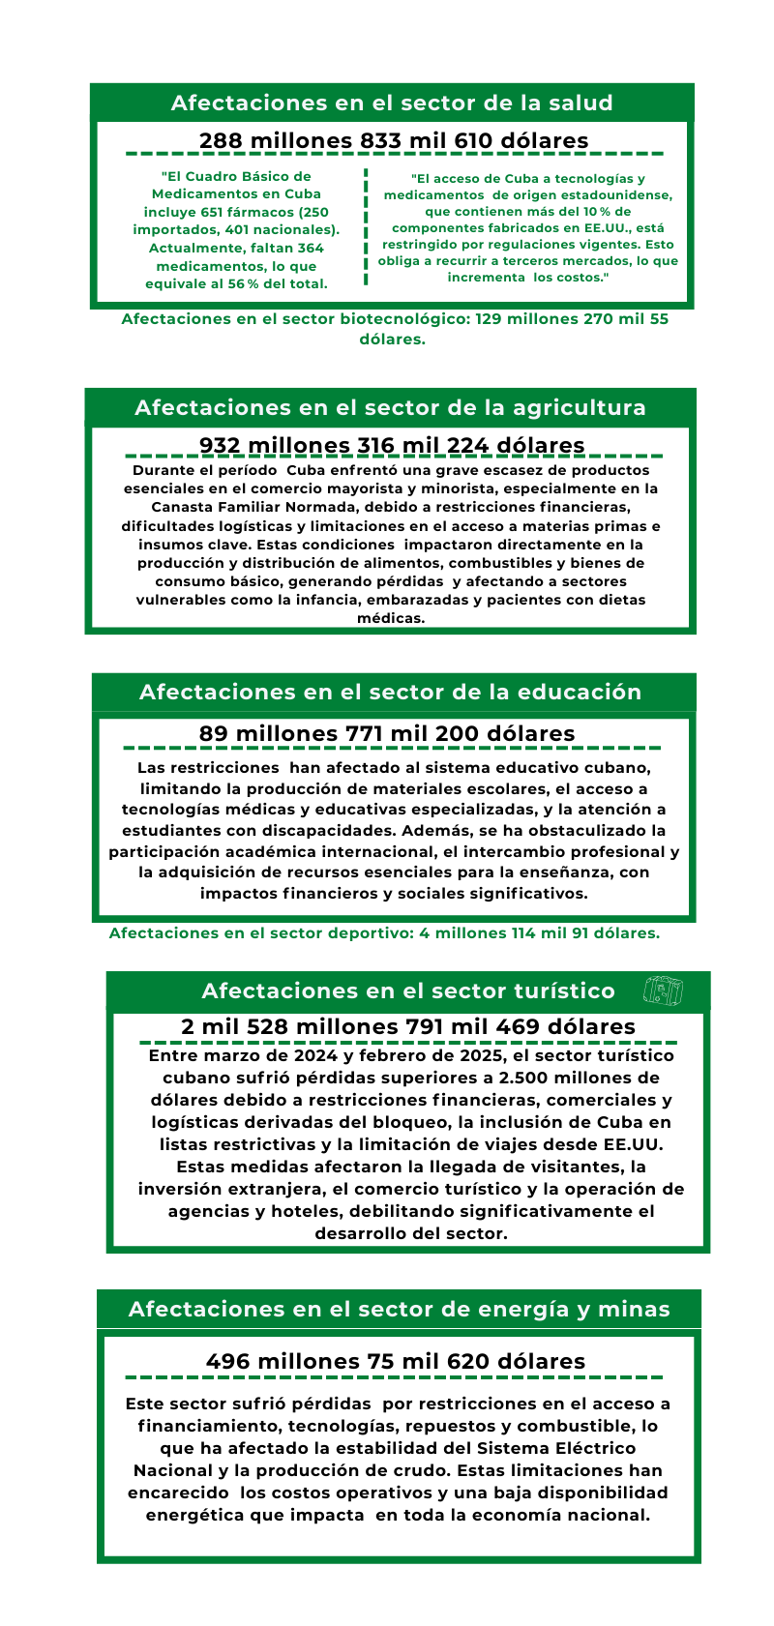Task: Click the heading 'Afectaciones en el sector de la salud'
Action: pyautogui.click(x=392, y=103)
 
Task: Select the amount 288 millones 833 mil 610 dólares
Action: pyautogui.click(x=394, y=140)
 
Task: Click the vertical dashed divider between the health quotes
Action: pyautogui.click(x=366, y=228)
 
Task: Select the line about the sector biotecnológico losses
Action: pyautogui.click(x=394, y=329)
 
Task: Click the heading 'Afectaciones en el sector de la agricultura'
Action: pyautogui.click(x=390, y=407)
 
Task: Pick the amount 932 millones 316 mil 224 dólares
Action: pyautogui.click(x=392, y=445)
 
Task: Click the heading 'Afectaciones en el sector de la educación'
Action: pyautogui.click(x=390, y=692)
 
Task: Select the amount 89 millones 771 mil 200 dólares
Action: pyautogui.click(x=387, y=733)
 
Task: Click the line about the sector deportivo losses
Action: pyautogui.click(x=384, y=933)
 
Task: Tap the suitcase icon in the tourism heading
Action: pyautogui.click(x=663, y=990)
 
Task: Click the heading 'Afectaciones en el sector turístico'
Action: pyautogui.click(x=408, y=990)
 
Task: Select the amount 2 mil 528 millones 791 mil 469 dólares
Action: pyautogui.click(x=408, y=1026)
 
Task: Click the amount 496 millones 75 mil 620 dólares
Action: pyautogui.click(x=396, y=1361)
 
